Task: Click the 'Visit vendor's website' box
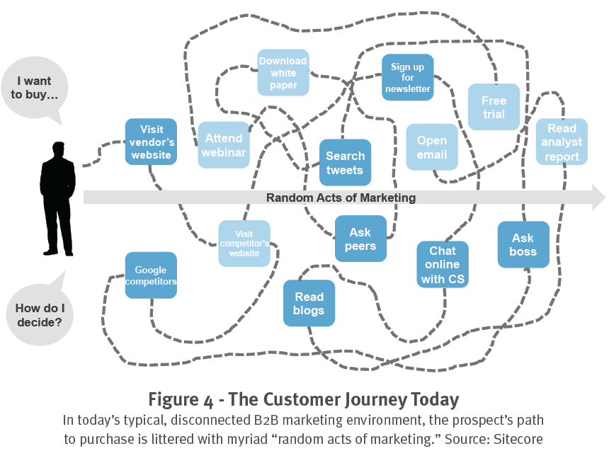pyautogui.click(x=151, y=142)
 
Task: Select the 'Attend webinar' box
pyautogui.click(x=223, y=145)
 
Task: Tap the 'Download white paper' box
pyautogui.click(x=283, y=72)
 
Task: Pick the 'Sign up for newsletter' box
pyautogui.click(x=407, y=78)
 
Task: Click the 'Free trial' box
pyautogui.click(x=494, y=107)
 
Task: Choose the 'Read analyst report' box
pyautogui.click(x=562, y=142)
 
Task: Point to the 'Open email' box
pyautogui.click(x=431, y=147)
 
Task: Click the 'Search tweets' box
pyautogui.click(x=345, y=163)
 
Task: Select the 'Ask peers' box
pyautogui.click(x=360, y=239)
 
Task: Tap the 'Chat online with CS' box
pyautogui.click(x=443, y=264)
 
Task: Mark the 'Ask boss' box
pyautogui.click(x=523, y=245)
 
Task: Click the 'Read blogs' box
pyautogui.click(x=309, y=303)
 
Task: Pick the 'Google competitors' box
pyautogui.click(x=151, y=275)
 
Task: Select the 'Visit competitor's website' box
pyautogui.click(x=244, y=244)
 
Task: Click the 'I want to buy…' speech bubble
pyautogui.click(x=35, y=88)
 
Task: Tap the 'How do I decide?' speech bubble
pyautogui.click(x=38, y=314)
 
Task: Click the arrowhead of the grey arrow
pyautogui.click(x=596, y=198)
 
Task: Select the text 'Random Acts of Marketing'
pyautogui.click(x=341, y=198)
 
